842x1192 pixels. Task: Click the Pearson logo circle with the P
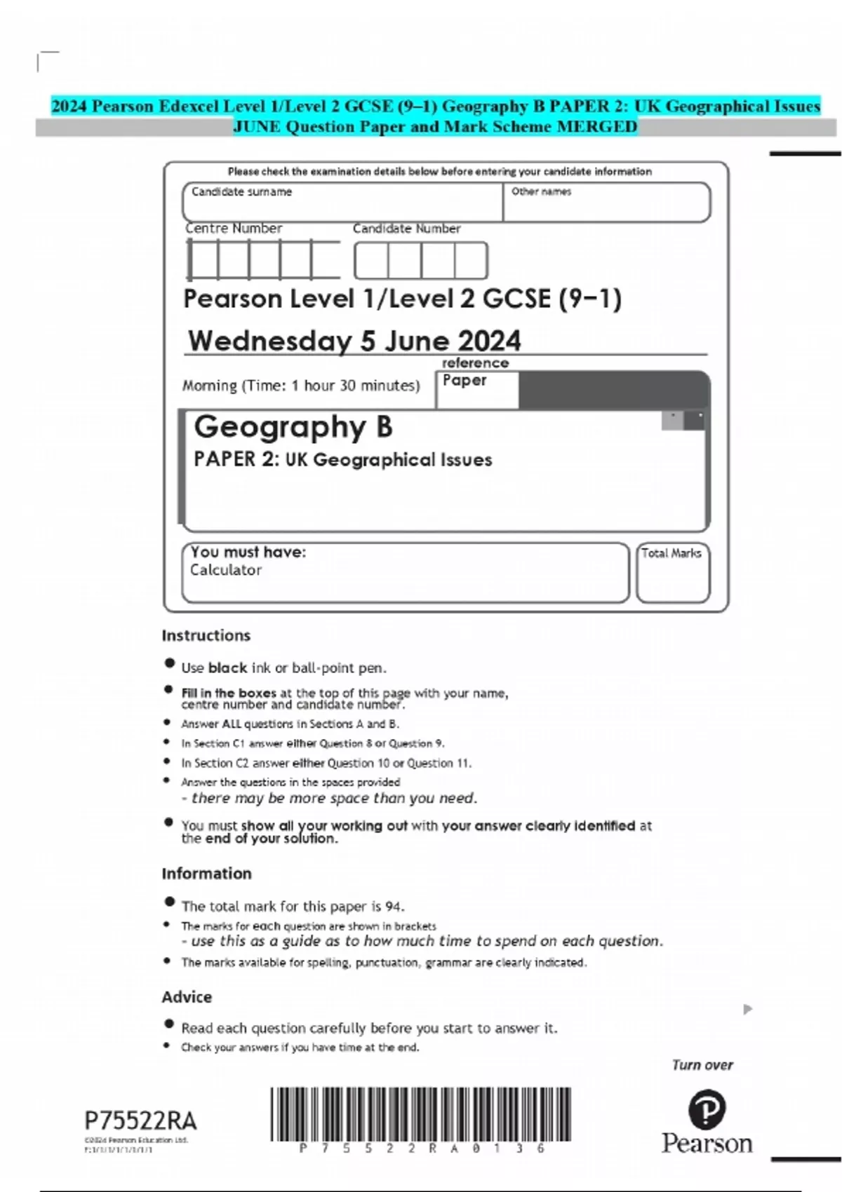tap(706, 1109)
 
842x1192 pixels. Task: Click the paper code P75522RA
tap(140, 1120)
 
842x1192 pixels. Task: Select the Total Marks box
tap(673, 573)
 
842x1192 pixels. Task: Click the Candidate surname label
tap(241, 192)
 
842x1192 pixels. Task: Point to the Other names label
tap(541, 191)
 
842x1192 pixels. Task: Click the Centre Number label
tap(234, 229)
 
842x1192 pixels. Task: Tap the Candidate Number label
tap(406, 229)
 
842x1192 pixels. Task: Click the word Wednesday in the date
tap(269, 341)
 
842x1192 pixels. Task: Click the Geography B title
tap(293, 427)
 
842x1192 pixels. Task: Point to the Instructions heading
tap(206, 635)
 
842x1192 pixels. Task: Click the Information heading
tap(206, 874)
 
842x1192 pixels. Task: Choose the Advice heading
tap(187, 997)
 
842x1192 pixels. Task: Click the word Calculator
tap(225, 570)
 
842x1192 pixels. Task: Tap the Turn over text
tap(702, 1065)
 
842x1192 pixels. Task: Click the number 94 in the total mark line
tap(394, 907)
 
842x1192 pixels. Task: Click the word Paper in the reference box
tap(465, 380)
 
